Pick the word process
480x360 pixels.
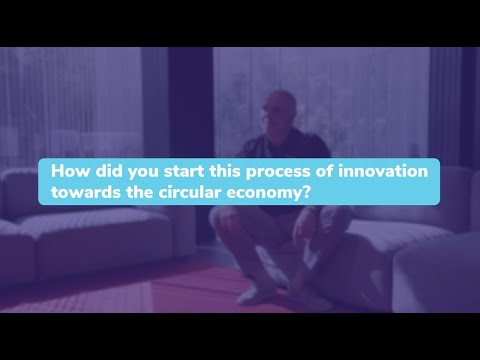272,172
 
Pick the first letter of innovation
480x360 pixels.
336,171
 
